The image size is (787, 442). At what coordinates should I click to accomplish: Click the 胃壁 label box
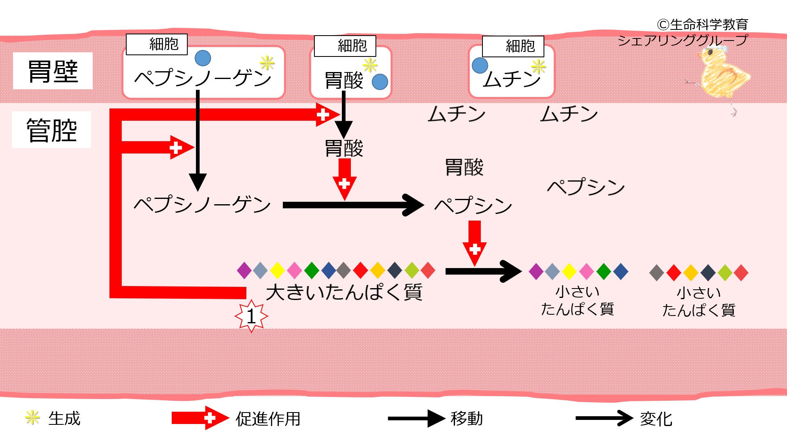pyautogui.click(x=53, y=71)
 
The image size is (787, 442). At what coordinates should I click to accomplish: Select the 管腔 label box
pyautogui.click(x=52, y=130)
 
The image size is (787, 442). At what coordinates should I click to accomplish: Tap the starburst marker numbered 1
pyautogui.click(x=251, y=316)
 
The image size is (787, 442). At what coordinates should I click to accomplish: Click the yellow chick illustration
pyautogui.click(x=722, y=78)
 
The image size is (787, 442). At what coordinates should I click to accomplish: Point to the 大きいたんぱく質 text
pyautogui.click(x=344, y=292)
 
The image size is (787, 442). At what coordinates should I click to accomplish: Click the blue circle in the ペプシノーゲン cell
pyautogui.click(x=203, y=58)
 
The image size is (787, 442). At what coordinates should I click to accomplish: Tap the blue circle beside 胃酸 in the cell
pyautogui.click(x=380, y=82)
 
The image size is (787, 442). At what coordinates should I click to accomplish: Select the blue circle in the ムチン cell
pyautogui.click(x=480, y=65)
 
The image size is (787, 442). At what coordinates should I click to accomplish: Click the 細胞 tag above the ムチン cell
pyautogui.click(x=513, y=46)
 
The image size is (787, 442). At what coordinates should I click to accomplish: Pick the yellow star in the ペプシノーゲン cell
pyautogui.click(x=267, y=63)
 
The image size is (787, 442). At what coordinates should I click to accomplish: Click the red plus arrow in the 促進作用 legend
pyautogui.click(x=200, y=418)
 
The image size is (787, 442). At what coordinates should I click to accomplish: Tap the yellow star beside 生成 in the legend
pyautogui.click(x=32, y=417)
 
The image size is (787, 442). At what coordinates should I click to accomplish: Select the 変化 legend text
pyautogui.click(x=656, y=419)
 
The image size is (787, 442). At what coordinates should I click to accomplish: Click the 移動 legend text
pyautogui.click(x=467, y=418)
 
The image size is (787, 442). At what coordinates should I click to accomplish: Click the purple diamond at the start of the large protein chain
pyautogui.click(x=244, y=271)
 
